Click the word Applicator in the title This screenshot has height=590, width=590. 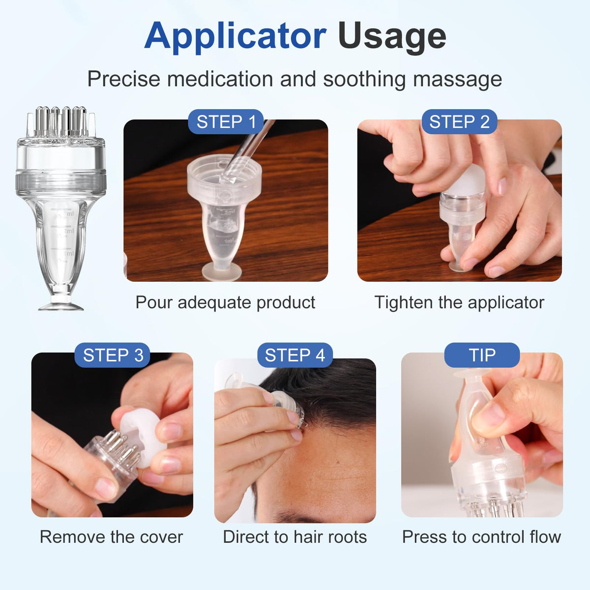235,36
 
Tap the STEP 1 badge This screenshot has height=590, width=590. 226,121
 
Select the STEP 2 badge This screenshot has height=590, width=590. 459,121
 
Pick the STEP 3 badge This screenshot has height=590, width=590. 112,355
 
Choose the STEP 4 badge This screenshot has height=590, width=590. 295,355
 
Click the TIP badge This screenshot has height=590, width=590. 482,355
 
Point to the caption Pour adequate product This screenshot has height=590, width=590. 225,303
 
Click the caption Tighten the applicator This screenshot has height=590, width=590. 459,303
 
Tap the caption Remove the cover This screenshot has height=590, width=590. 112,537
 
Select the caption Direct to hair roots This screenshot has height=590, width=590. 295,537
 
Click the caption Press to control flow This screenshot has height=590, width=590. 482,537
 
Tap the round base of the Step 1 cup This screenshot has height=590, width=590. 222,271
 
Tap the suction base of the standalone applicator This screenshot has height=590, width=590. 61,306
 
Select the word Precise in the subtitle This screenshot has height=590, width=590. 124,79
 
